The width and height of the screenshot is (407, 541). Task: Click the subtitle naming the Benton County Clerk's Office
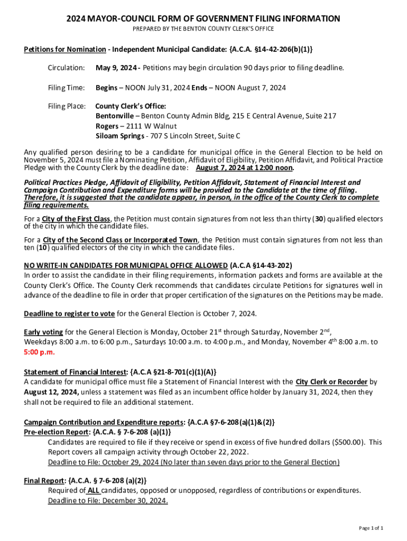tap(203, 29)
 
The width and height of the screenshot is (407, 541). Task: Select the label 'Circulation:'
tap(66, 68)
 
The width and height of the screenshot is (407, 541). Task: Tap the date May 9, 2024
tap(117, 68)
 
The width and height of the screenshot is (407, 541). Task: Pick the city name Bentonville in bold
tap(113, 116)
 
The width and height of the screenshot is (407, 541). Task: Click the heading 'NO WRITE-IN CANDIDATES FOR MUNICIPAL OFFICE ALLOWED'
tap(126, 265)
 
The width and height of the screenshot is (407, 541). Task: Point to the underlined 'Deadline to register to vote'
tap(69, 314)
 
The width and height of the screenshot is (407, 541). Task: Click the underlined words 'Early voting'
tap(43, 332)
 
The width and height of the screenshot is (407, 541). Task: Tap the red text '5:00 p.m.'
tap(39, 352)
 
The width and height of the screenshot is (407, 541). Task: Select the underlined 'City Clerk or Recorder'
tap(324, 382)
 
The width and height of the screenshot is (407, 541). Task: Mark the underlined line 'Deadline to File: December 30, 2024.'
tap(108, 501)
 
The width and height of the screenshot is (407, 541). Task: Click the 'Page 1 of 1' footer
tap(371, 528)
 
